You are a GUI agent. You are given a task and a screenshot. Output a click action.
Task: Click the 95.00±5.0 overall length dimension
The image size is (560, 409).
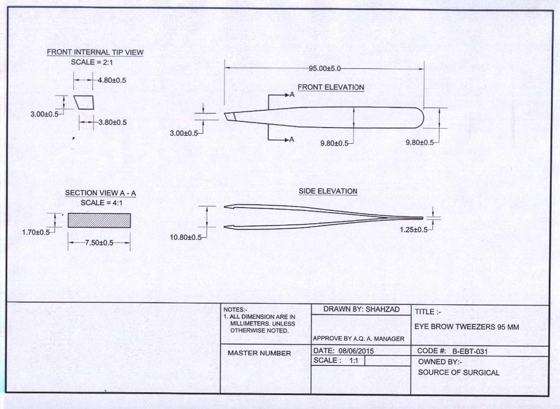coord(325,69)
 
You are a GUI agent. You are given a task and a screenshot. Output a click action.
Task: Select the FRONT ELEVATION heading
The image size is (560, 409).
coord(331,87)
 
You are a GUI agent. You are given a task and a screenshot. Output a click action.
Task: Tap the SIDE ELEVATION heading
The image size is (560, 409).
coord(328,191)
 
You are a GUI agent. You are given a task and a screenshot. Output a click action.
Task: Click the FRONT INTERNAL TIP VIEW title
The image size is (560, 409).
coord(95,52)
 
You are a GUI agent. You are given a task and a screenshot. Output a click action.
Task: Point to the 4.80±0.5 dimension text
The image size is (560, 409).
coord(113,80)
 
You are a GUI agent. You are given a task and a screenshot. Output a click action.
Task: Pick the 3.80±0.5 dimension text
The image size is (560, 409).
coord(113,122)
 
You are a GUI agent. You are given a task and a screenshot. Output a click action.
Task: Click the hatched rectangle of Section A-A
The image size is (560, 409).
coord(99,220)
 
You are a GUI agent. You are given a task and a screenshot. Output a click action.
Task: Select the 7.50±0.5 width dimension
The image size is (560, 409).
coord(99,243)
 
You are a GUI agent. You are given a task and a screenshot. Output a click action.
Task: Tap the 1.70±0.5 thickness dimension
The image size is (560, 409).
coord(36,232)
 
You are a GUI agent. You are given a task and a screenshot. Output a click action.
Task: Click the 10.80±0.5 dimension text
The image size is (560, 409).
coord(185,237)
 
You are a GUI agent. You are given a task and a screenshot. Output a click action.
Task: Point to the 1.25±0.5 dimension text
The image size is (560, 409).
coord(413,230)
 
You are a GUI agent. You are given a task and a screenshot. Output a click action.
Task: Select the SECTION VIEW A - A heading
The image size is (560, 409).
coord(100,193)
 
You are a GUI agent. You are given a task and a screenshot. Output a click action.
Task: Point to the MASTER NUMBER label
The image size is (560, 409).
coord(259,353)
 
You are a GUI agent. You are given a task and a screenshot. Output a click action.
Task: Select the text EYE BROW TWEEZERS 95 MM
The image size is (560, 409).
coord(466,327)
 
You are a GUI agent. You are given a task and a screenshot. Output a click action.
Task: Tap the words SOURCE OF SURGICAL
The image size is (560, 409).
coord(459,372)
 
